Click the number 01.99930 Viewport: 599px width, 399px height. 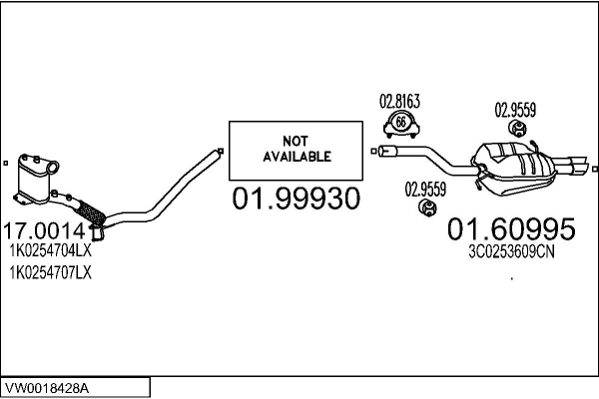296,199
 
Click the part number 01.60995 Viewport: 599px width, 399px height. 510,229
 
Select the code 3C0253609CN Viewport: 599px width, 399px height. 509,252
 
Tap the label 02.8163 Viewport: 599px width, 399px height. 399,100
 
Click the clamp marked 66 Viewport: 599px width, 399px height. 400,125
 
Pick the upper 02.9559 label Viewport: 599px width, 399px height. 516,109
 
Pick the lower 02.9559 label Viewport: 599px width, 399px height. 425,188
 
